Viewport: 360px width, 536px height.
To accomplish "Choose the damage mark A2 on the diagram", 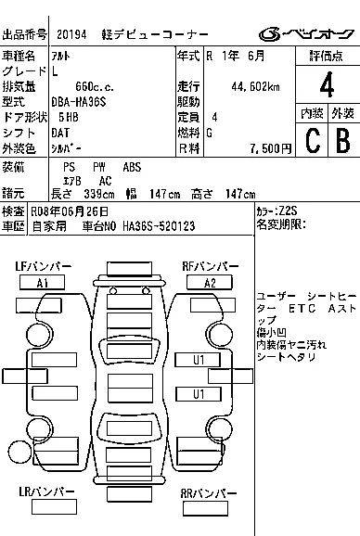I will [210, 283].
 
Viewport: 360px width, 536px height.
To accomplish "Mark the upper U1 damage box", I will [199, 358].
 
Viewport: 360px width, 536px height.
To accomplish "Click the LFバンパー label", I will [43, 267].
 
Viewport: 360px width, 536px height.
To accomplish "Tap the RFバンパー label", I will [212, 267].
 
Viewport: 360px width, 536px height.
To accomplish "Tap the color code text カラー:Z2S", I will [277, 211].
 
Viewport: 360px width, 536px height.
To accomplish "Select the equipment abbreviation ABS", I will [133, 166].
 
